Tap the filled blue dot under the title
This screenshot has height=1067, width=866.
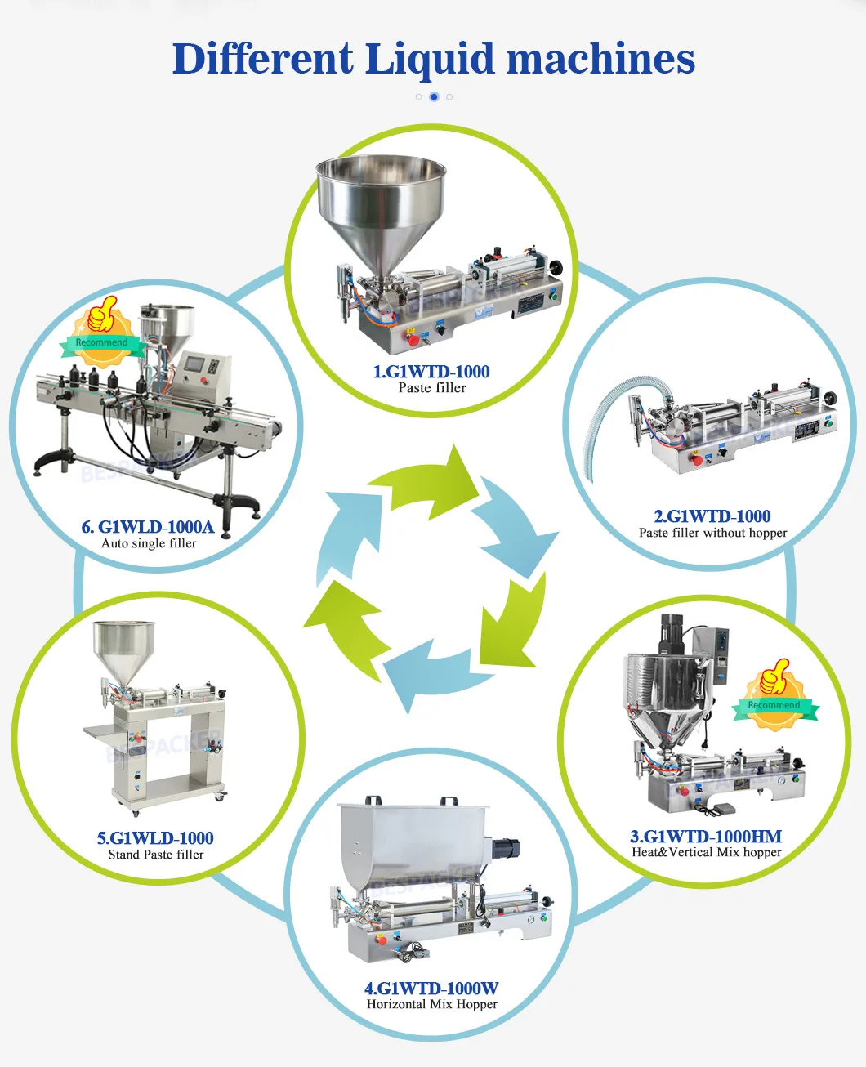[434, 96]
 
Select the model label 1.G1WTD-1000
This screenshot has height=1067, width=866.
[431, 372]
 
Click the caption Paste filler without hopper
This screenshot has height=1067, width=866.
[712, 533]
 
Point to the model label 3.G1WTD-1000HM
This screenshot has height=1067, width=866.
[706, 836]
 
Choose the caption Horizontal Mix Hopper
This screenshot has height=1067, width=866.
[431, 1004]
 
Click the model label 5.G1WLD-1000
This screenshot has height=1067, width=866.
[155, 837]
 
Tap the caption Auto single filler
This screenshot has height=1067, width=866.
[149, 543]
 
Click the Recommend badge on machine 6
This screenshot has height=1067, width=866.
[101, 335]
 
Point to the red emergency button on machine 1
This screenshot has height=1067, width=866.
[413, 338]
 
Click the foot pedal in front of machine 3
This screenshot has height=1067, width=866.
[720, 808]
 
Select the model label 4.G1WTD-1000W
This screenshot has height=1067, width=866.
[431, 988]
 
